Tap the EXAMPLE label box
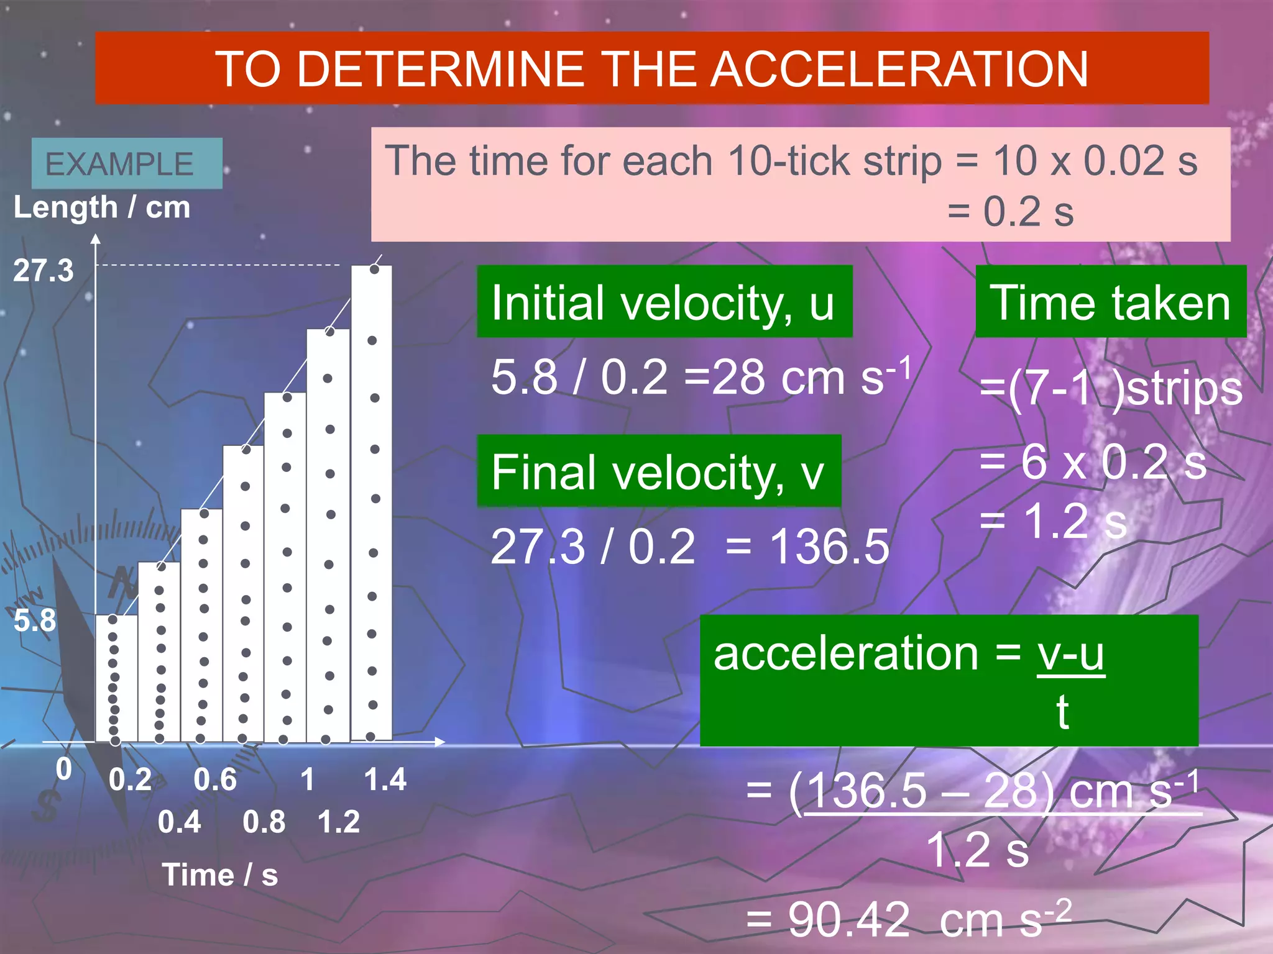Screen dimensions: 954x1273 [x=126, y=164]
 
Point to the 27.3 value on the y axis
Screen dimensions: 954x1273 [x=44, y=271]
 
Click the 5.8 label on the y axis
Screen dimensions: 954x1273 [x=35, y=620]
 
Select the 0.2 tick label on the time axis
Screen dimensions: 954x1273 [x=130, y=780]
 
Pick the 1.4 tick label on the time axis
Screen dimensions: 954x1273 [x=385, y=780]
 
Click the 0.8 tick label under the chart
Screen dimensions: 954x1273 [x=264, y=822]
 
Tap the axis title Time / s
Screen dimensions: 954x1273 [x=219, y=875]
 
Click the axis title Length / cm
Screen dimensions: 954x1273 [x=102, y=207]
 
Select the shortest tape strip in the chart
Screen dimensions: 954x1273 [x=116, y=678]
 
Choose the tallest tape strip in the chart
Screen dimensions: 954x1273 [x=372, y=503]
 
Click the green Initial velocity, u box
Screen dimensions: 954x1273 [x=664, y=302]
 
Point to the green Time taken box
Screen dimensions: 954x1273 [x=1110, y=302]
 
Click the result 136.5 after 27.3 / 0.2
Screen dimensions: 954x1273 [x=829, y=547]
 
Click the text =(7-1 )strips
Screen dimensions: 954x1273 [x=1110, y=389]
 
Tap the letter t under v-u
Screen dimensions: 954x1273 [x=1062, y=712]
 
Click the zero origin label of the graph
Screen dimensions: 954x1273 [x=64, y=770]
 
